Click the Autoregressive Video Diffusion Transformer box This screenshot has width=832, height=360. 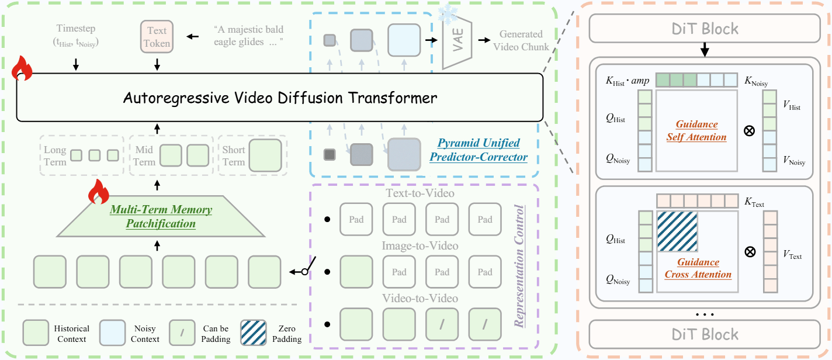280,98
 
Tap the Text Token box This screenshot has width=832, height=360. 157,36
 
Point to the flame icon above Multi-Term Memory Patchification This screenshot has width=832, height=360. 99,191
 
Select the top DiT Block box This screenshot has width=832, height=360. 705,28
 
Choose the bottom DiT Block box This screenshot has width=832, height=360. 705,334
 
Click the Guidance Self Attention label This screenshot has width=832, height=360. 696,131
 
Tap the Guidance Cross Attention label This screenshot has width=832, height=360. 698,268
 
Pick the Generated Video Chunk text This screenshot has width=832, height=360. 521,40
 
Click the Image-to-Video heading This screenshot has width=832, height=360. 421,246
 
